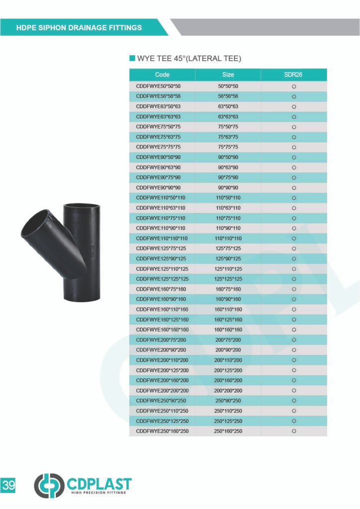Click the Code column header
(x=162, y=75)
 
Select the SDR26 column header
(x=293, y=75)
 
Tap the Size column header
(x=228, y=75)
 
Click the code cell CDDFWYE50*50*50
(x=158, y=86)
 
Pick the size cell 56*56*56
(x=228, y=96)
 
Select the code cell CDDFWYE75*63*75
(x=158, y=137)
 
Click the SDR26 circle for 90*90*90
(x=294, y=188)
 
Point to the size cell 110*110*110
(x=228, y=239)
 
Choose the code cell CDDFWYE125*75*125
(x=161, y=249)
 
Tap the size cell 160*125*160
(x=228, y=320)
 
